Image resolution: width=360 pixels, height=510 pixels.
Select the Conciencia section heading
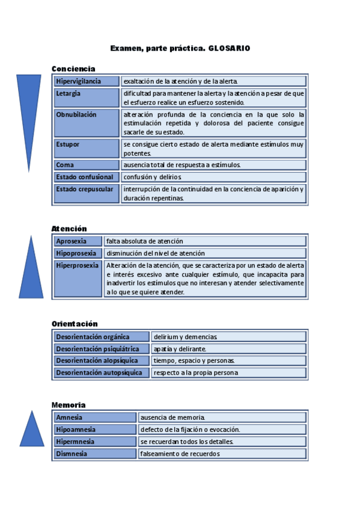point(73,69)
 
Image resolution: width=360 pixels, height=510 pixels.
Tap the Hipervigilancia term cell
point(87,81)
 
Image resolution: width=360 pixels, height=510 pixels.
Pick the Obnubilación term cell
point(87,123)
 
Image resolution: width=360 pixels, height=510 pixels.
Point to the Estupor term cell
point(87,149)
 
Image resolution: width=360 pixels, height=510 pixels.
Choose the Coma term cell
point(87,165)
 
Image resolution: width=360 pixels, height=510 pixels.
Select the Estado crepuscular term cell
point(87,194)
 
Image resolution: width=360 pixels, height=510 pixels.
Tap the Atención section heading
point(69,229)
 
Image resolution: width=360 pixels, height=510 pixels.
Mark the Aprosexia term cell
point(78,241)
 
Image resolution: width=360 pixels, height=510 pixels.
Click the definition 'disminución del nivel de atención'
point(156,253)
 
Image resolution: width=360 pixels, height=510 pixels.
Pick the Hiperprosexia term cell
point(78,279)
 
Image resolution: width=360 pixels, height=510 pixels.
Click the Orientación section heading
point(75,324)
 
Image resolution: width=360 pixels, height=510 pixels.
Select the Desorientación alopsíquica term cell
point(102,361)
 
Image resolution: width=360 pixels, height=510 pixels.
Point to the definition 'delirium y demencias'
point(185,337)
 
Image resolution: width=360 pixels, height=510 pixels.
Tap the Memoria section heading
point(69,405)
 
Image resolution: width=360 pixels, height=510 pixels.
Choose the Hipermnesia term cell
point(95,441)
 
